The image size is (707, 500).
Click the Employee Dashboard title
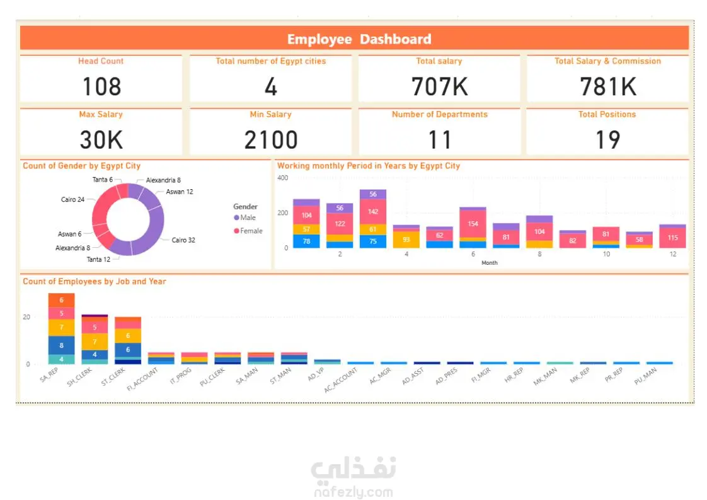(x=359, y=39)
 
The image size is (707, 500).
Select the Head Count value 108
(x=101, y=86)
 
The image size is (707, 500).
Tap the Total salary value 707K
(x=439, y=86)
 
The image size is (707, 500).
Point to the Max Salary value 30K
(x=101, y=139)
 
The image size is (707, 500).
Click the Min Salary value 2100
(x=270, y=139)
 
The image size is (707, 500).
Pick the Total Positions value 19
(x=607, y=139)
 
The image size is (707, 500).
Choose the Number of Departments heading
(x=439, y=115)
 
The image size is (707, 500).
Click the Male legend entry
(x=247, y=218)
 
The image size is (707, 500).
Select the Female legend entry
(x=250, y=231)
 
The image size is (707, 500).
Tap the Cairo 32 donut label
(x=183, y=240)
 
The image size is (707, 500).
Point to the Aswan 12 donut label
(x=179, y=192)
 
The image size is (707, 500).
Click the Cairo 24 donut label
(x=72, y=200)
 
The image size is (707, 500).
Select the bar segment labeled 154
(x=473, y=224)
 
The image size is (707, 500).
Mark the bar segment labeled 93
(x=406, y=240)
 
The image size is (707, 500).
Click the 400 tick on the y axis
(x=282, y=178)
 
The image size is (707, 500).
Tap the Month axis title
(x=489, y=263)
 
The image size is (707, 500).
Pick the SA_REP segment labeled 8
(x=61, y=346)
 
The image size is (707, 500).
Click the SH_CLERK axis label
(x=81, y=377)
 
